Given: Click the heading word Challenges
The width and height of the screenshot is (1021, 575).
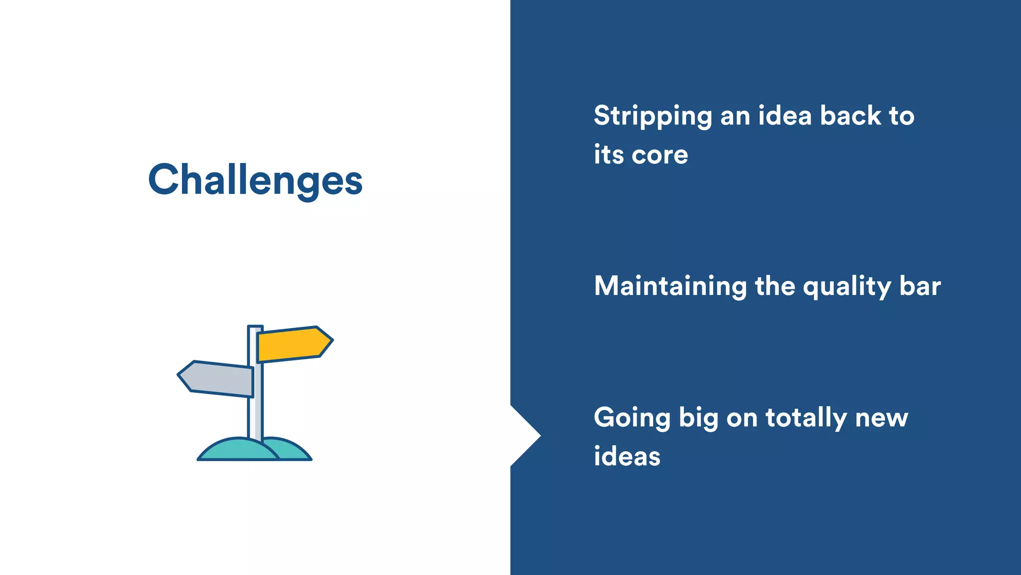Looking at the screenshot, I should point(255,180).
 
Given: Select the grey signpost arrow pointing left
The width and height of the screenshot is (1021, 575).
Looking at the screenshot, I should point(217,379).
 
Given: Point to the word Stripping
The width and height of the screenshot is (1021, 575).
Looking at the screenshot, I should point(653,116).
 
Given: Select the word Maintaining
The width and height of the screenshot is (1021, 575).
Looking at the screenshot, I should point(670,287).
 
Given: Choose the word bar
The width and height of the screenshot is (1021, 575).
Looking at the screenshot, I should point(920,287).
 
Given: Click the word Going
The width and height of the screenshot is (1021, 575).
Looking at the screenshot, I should point(632,418).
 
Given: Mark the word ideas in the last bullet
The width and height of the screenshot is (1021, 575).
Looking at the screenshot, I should point(627,457).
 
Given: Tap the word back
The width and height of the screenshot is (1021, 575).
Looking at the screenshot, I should point(851,116).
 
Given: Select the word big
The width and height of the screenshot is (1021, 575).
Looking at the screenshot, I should point(698,418).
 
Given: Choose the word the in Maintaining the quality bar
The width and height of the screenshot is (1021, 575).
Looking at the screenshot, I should point(775,287).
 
